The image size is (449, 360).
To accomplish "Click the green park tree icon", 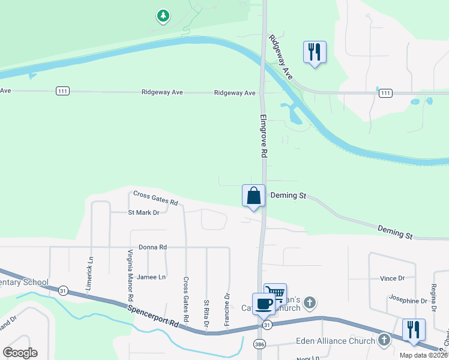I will [163, 16].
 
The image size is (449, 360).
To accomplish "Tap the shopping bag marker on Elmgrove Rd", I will [253, 196].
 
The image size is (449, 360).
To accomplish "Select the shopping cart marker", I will [275, 294].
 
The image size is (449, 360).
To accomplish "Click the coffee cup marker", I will [264, 304].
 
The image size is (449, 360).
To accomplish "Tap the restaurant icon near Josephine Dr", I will [414, 330].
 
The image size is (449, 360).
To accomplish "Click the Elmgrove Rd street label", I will [263, 136].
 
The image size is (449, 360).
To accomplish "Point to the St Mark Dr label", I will [143, 212].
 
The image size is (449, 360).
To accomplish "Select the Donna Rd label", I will [152, 247].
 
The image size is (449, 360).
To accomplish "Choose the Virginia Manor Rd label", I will [129, 275].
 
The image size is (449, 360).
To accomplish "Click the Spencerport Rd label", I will [153, 314].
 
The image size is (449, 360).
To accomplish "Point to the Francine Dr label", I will [228, 308].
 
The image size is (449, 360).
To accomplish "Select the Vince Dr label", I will [393, 278].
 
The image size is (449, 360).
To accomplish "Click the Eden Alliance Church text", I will [336, 341].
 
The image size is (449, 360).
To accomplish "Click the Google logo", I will [20, 353].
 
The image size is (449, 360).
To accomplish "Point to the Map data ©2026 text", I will [423, 355].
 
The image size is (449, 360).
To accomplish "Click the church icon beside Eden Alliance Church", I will [384, 341].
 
